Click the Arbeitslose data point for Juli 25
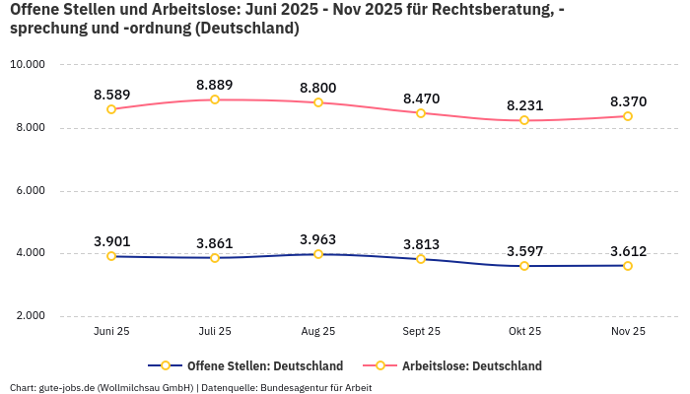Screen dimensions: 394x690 [x=215, y=99]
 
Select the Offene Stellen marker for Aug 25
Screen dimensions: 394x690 [x=318, y=254]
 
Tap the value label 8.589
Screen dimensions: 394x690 [x=111, y=95]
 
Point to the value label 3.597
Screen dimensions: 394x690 [x=524, y=251]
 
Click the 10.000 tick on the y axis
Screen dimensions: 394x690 [x=28, y=65]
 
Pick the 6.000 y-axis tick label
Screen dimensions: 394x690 [x=28, y=191]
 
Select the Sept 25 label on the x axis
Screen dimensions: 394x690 [x=421, y=332]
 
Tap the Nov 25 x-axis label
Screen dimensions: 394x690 [x=627, y=332]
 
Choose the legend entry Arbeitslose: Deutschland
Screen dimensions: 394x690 [x=471, y=366]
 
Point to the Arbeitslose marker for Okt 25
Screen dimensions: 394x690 [x=524, y=120]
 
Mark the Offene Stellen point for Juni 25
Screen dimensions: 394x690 [x=111, y=256]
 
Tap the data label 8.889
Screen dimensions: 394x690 [x=215, y=85]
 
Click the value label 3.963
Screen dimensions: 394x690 [x=318, y=239]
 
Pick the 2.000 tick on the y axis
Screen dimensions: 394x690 [x=28, y=316]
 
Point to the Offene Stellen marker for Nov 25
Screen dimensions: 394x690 [x=627, y=266]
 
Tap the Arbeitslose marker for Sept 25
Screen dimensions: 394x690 [x=421, y=113]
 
